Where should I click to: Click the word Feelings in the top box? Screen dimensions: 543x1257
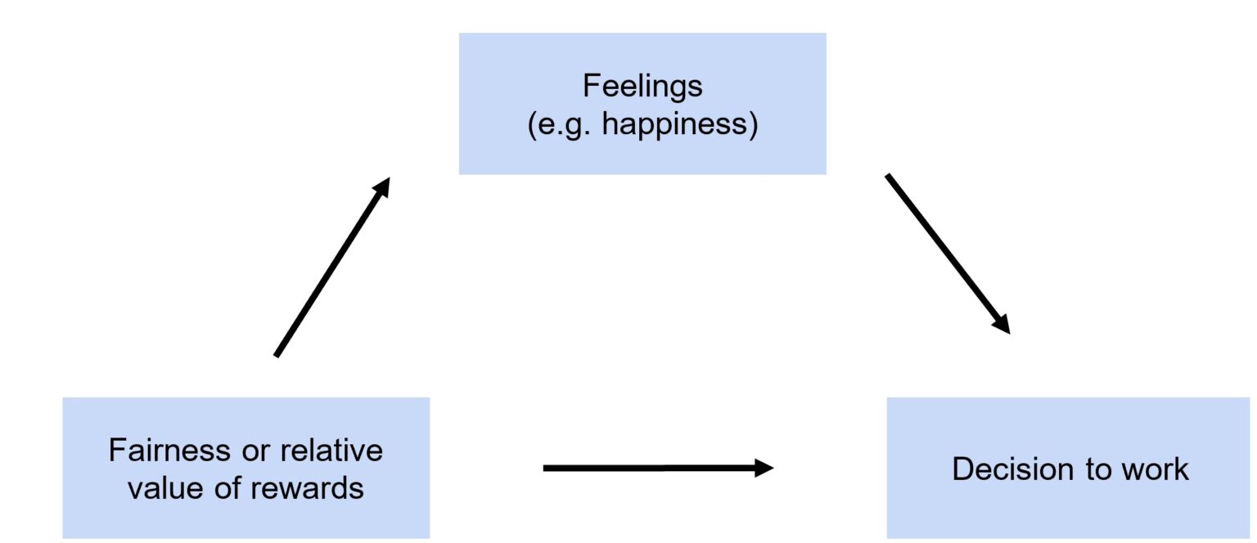(x=642, y=85)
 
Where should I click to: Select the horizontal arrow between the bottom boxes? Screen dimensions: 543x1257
(x=655, y=469)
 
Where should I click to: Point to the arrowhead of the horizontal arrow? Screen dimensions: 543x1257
(x=764, y=469)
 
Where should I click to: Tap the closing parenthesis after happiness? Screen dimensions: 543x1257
(x=754, y=127)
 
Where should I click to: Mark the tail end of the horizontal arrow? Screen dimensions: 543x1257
(x=547, y=469)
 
